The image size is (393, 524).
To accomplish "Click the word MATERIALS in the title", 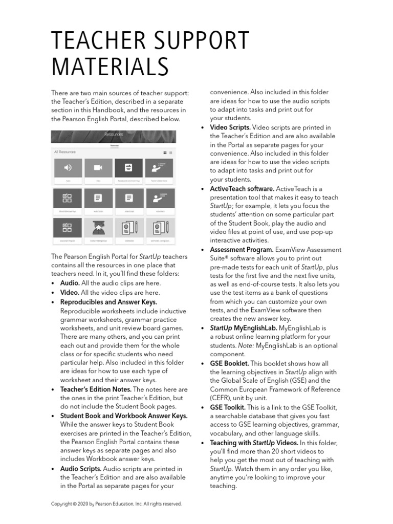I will click(x=110, y=67).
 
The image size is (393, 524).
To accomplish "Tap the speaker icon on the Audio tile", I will click(x=68, y=167).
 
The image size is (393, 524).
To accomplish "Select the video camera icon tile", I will click(x=98, y=167).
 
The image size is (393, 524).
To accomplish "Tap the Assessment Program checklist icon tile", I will click(x=68, y=227).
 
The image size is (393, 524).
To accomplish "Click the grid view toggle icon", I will click(x=165, y=152).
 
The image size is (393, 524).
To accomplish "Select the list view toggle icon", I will click(x=171, y=152).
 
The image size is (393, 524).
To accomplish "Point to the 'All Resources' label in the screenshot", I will click(x=64, y=152).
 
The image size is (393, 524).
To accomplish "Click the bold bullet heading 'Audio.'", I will click(x=70, y=283).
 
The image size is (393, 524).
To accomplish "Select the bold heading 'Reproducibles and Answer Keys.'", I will click(x=108, y=302).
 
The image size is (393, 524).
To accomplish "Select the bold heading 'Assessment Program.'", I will click(x=242, y=250).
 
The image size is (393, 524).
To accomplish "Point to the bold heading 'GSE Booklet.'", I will click(x=229, y=363).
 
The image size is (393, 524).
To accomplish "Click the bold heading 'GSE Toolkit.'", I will click(x=228, y=407).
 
